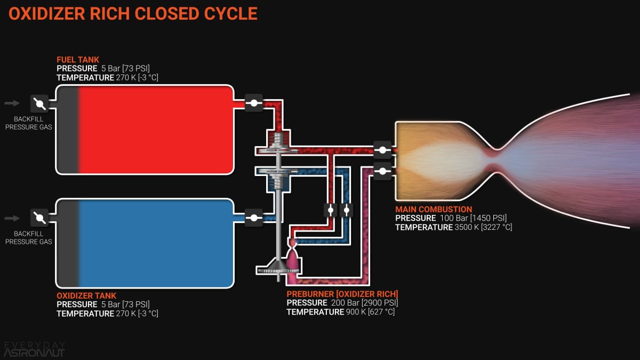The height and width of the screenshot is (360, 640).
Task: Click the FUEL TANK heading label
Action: [x=78, y=60]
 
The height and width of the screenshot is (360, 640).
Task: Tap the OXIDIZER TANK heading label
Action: [x=86, y=295]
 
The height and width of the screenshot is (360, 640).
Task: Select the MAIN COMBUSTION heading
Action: [x=434, y=210]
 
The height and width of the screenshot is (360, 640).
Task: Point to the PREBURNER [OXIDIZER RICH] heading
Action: [x=342, y=294]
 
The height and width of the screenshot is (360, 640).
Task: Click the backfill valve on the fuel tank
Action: [x=39, y=103]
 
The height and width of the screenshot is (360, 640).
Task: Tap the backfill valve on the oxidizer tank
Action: [x=39, y=218]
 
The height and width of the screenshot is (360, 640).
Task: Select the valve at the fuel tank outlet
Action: [x=253, y=103]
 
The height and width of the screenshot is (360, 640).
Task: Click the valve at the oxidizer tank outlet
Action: [x=253, y=218]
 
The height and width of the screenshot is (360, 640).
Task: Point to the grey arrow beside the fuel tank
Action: [x=12, y=103]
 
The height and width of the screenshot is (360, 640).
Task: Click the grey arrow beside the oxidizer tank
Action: [x=12, y=218]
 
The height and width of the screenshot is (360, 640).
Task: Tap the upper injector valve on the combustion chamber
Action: [x=382, y=150]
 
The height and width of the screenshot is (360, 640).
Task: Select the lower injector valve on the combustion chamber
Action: [x=382, y=171]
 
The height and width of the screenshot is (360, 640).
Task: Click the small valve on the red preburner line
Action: [x=331, y=210]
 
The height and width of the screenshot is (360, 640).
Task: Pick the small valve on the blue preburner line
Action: [x=347, y=210]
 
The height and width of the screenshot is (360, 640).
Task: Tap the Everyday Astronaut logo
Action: [x=34, y=349]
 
